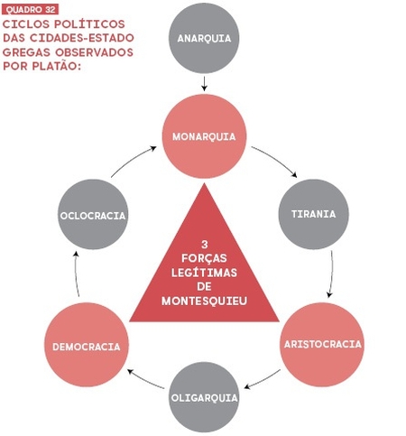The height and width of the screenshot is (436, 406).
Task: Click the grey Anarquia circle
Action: click(204, 38)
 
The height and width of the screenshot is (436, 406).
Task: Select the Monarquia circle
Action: click(204, 136)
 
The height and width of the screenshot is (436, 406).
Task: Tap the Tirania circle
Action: click(314, 214)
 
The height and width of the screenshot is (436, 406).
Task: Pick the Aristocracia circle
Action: click(322, 345)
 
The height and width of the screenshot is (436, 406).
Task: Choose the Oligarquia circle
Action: click(204, 397)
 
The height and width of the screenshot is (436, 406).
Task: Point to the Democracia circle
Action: click(87, 345)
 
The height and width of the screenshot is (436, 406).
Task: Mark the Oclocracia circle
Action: click(93, 214)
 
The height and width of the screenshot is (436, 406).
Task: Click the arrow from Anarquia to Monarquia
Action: click(204, 83)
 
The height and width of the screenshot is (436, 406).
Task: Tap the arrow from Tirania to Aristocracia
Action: click(332, 274)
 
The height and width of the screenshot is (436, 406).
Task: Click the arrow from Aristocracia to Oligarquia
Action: click(263, 380)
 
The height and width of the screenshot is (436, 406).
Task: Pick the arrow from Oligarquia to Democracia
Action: click(145, 380)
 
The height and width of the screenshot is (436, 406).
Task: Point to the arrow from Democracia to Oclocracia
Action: click(76, 274)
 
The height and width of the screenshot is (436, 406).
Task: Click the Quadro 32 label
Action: click(30, 10)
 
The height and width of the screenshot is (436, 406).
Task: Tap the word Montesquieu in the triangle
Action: click(204, 301)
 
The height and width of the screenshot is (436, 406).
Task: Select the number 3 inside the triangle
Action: click(205, 245)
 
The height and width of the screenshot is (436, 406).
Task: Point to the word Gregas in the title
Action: click(26, 52)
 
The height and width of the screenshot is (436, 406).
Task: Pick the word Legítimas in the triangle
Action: click(204, 273)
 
